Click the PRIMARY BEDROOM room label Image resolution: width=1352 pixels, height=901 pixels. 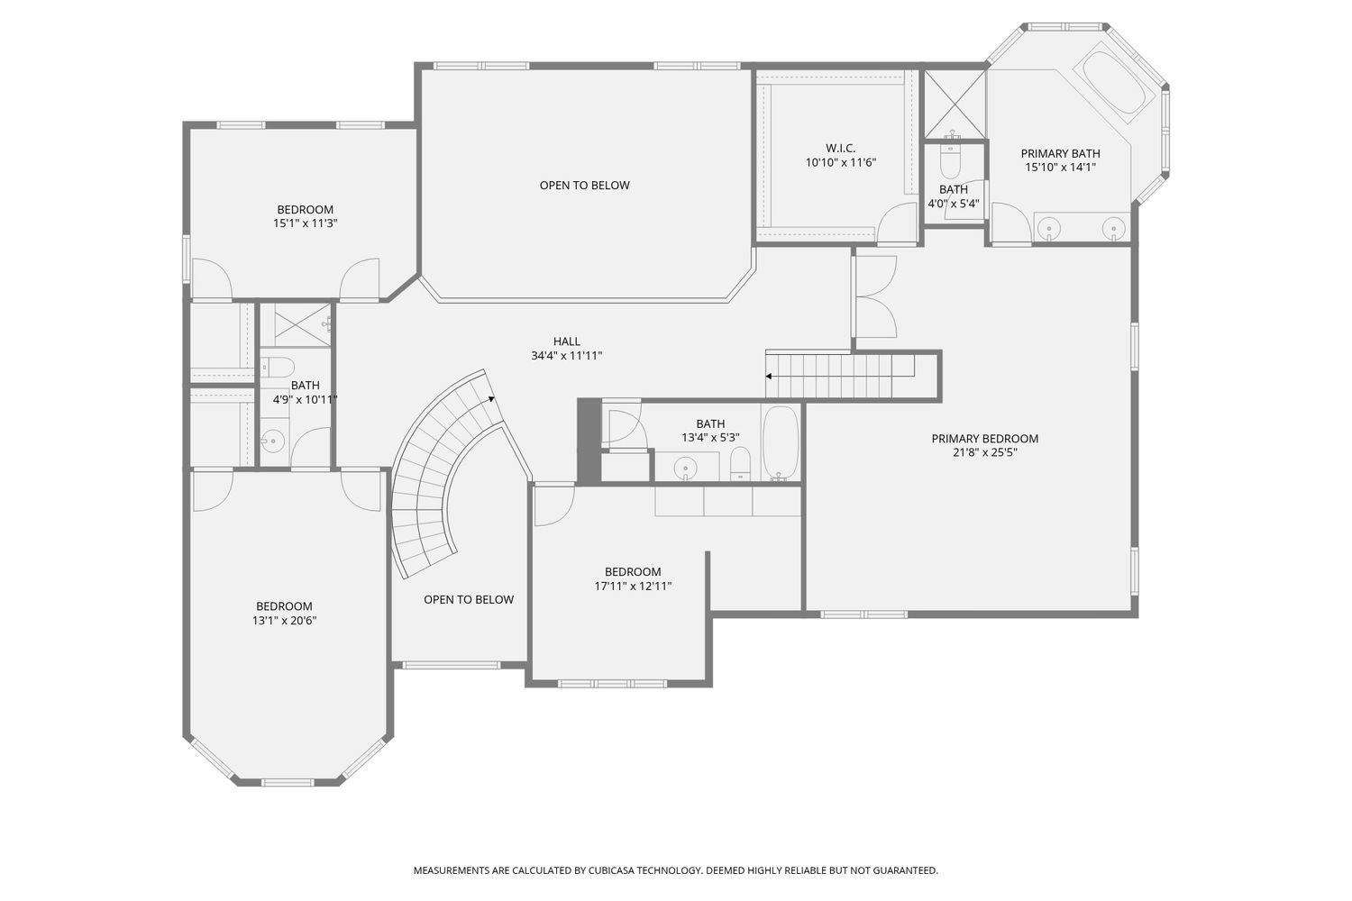click(x=984, y=439)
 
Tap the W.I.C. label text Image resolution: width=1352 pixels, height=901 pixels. click(x=840, y=148)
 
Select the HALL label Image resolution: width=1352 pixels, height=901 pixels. click(x=567, y=341)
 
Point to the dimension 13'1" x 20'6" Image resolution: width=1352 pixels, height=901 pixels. click(x=284, y=621)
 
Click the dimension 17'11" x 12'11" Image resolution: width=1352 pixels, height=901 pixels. click(x=633, y=586)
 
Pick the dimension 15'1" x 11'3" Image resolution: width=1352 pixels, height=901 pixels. click(x=305, y=223)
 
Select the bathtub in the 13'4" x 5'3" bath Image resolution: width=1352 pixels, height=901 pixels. click(x=781, y=443)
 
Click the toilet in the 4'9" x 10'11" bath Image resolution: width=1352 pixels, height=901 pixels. click(x=278, y=367)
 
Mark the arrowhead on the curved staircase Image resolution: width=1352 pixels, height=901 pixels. click(x=491, y=399)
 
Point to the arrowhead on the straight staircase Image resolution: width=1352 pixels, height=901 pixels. click(x=769, y=376)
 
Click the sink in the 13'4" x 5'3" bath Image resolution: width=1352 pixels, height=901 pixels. click(x=686, y=467)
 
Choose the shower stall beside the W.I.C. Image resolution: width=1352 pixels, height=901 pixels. click(x=955, y=105)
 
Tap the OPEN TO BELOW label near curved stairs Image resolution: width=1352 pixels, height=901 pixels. click(x=469, y=599)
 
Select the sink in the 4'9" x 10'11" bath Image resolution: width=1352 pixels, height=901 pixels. click(x=273, y=441)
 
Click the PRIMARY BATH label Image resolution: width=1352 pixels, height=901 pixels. click(x=1061, y=153)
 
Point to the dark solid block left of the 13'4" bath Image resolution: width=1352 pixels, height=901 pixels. click(x=589, y=441)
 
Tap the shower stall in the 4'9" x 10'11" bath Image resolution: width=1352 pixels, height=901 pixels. click(x=303, y=324)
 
